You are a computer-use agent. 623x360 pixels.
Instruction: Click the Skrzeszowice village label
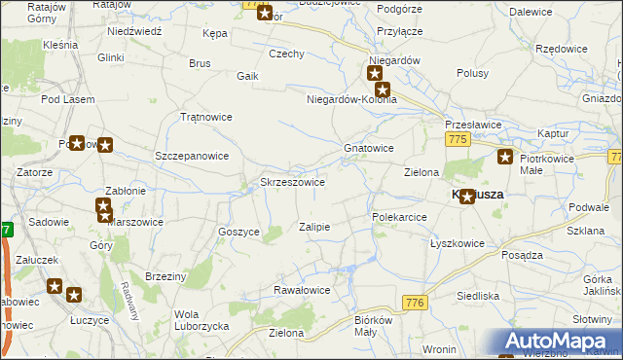[x=292, y=182]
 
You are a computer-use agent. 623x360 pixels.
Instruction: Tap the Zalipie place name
[x=314, y=227]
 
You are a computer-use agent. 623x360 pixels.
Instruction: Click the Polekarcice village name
[x=399, y=217]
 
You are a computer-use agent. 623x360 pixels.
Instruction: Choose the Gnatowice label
[x=368, y=148]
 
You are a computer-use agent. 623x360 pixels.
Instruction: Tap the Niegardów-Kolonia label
[x=351, y=99]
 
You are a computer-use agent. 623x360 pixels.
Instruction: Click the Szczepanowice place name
[x=192, y=156]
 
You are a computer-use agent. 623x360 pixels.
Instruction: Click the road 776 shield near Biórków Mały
[x=416, y=304]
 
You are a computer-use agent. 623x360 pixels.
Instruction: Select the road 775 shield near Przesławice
[x=459, y=141]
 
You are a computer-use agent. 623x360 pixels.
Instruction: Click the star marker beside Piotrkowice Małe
[x=505, y=158]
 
